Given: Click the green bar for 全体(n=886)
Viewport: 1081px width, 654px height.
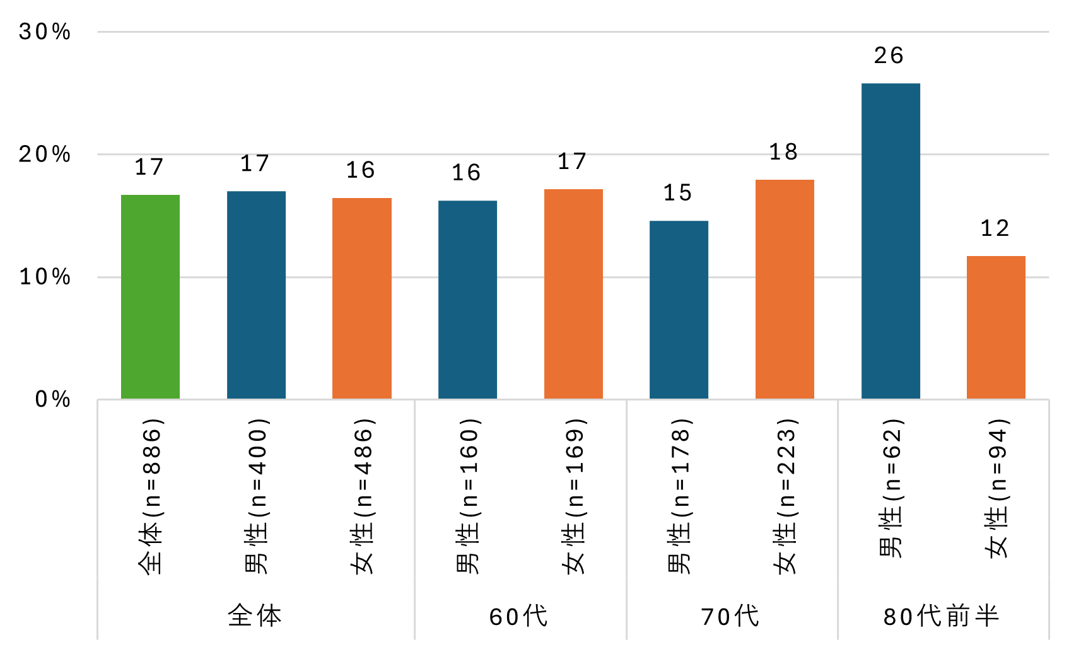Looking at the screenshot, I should point(150,296).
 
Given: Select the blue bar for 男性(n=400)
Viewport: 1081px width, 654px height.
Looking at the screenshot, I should point(256,295).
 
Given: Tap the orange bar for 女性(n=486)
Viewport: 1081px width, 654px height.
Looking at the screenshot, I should point(361,298).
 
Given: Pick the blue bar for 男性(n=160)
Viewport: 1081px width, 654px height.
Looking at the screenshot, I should point(467,300).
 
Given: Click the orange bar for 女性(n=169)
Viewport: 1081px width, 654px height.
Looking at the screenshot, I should point(573,294).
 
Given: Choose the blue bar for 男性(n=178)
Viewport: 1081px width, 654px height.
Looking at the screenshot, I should point(679,310).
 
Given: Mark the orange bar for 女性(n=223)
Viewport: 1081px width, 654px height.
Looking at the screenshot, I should point(785,289).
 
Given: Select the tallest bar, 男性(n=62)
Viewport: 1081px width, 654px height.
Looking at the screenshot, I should point(891,241).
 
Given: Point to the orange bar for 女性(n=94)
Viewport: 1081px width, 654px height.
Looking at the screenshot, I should point(996,327).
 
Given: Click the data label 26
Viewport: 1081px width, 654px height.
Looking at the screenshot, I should point(889,55).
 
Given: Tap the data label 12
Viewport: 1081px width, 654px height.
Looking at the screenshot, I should point(995,228).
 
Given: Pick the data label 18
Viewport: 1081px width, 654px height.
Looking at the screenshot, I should point(783,152).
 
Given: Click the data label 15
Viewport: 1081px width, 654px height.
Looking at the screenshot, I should point(677,193).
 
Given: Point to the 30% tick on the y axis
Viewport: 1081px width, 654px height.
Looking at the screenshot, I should point(45,32).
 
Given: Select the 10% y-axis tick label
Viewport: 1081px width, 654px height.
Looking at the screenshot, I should point(45,277).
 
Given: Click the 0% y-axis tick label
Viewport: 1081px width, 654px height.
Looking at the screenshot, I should point(52,399).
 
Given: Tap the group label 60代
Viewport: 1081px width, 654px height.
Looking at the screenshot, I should point(518,616).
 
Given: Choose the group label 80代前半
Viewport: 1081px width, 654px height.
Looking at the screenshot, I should point(941,616).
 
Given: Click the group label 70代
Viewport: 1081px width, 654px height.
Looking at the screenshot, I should point(730,616).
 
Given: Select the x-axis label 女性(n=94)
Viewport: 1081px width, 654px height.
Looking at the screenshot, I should point(996,489).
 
